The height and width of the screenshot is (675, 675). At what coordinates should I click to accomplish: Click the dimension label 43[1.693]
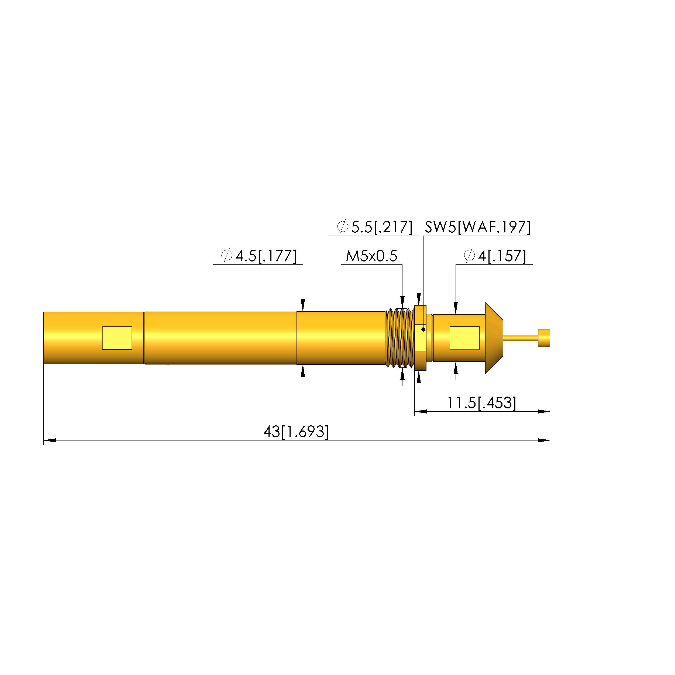(x=296, y=432)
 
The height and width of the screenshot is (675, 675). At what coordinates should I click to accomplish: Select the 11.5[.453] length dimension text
(x=481, y=403)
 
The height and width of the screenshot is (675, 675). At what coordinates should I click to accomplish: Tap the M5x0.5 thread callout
(x=371, y=256)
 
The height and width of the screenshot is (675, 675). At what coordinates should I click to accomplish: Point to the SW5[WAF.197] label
(x=478, y=227)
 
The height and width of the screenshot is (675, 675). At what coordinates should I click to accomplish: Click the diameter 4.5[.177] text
(x=259, y=256)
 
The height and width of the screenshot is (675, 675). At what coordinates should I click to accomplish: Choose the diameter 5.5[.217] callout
(x=374, y=227)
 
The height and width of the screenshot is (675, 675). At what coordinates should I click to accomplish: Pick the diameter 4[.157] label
(x=495, y=256)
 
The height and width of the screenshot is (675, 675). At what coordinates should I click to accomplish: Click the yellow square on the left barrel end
(x=117, y=338)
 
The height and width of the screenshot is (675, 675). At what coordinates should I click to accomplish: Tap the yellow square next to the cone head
(x=464, y=338)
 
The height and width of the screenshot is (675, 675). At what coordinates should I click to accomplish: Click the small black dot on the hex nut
(x=423, y=329)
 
